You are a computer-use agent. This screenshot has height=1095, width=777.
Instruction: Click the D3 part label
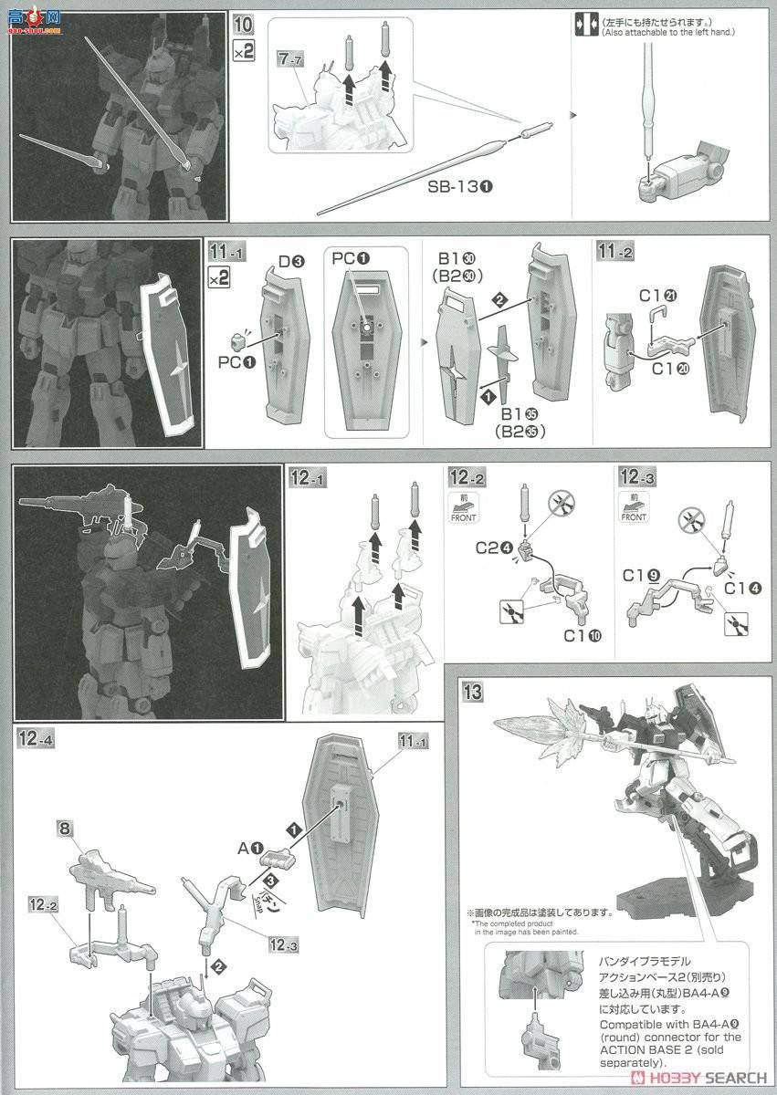pos(291,262)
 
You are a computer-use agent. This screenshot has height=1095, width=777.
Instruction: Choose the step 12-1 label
pos(307,476)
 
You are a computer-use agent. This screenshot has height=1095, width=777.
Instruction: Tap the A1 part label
pos(250,848)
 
